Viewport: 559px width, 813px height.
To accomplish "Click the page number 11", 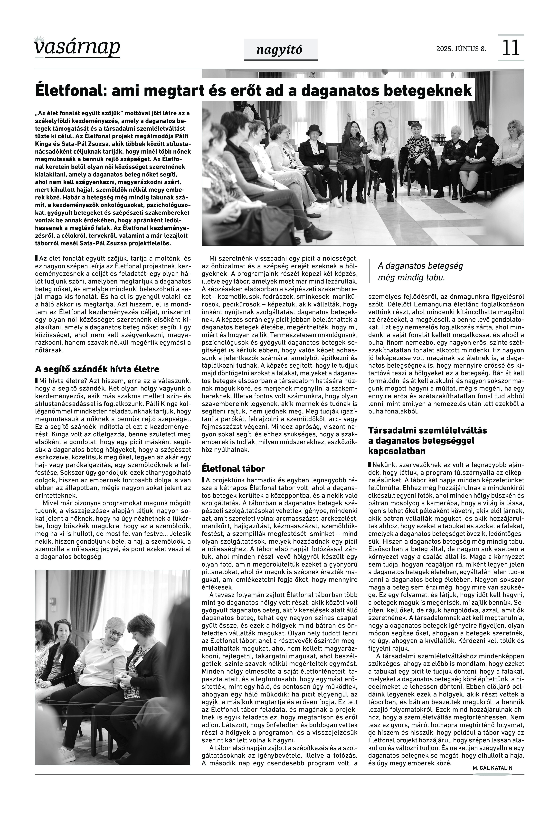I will click(511, 48).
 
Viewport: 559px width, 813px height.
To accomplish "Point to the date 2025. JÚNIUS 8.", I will click(461, 49).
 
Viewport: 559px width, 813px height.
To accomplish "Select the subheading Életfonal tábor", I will click(233, 469).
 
